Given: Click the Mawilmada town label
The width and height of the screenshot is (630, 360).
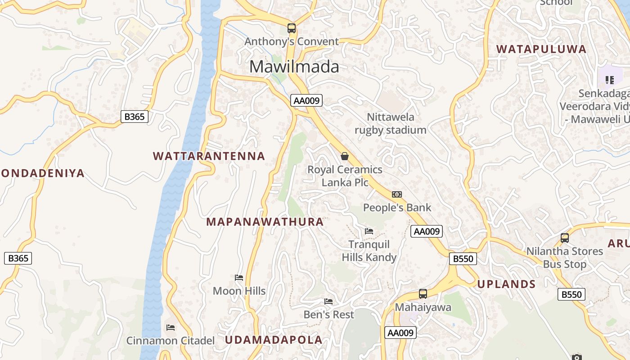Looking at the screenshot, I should (x=294, y=67).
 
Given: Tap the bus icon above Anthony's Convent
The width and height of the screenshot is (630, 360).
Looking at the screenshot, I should (x=292, y=28).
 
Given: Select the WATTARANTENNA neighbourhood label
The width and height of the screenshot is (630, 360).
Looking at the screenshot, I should (x=209, y=156).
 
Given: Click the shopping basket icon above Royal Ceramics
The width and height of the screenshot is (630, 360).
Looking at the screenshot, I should (x=345, y=156).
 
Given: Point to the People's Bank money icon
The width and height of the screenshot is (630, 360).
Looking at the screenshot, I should (x=396, y=194).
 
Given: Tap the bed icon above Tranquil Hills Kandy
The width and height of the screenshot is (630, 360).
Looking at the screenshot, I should (x=369, y=231).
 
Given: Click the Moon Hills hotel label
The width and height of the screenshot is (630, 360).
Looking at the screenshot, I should (x=239, y=291).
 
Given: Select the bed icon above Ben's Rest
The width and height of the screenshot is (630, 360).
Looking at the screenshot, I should (x=329, y=301).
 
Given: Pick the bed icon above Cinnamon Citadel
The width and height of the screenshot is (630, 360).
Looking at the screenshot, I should (x=171, y=327).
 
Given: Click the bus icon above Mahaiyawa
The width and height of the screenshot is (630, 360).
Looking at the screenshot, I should (x=423, y=294).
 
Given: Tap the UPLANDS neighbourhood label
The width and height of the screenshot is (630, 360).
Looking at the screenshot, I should (x=506, y=284).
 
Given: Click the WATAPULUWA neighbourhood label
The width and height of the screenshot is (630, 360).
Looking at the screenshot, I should (x=541, y=49).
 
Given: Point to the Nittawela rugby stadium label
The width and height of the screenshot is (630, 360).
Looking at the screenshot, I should (x=390, y=123).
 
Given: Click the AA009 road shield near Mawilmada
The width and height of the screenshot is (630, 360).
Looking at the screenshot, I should (x=306, y=100).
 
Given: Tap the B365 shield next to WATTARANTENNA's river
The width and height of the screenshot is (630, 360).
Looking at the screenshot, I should (x=134, y=117).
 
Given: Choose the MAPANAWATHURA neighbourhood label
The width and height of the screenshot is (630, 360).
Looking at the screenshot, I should (x=265, y=222).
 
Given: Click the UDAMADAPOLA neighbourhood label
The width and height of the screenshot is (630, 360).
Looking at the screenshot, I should (x=274, y=340).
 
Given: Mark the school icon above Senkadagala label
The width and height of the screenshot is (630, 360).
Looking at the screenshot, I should (x=610, y=80).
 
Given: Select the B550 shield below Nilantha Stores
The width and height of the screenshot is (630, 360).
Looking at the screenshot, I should (x=571, y=294).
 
